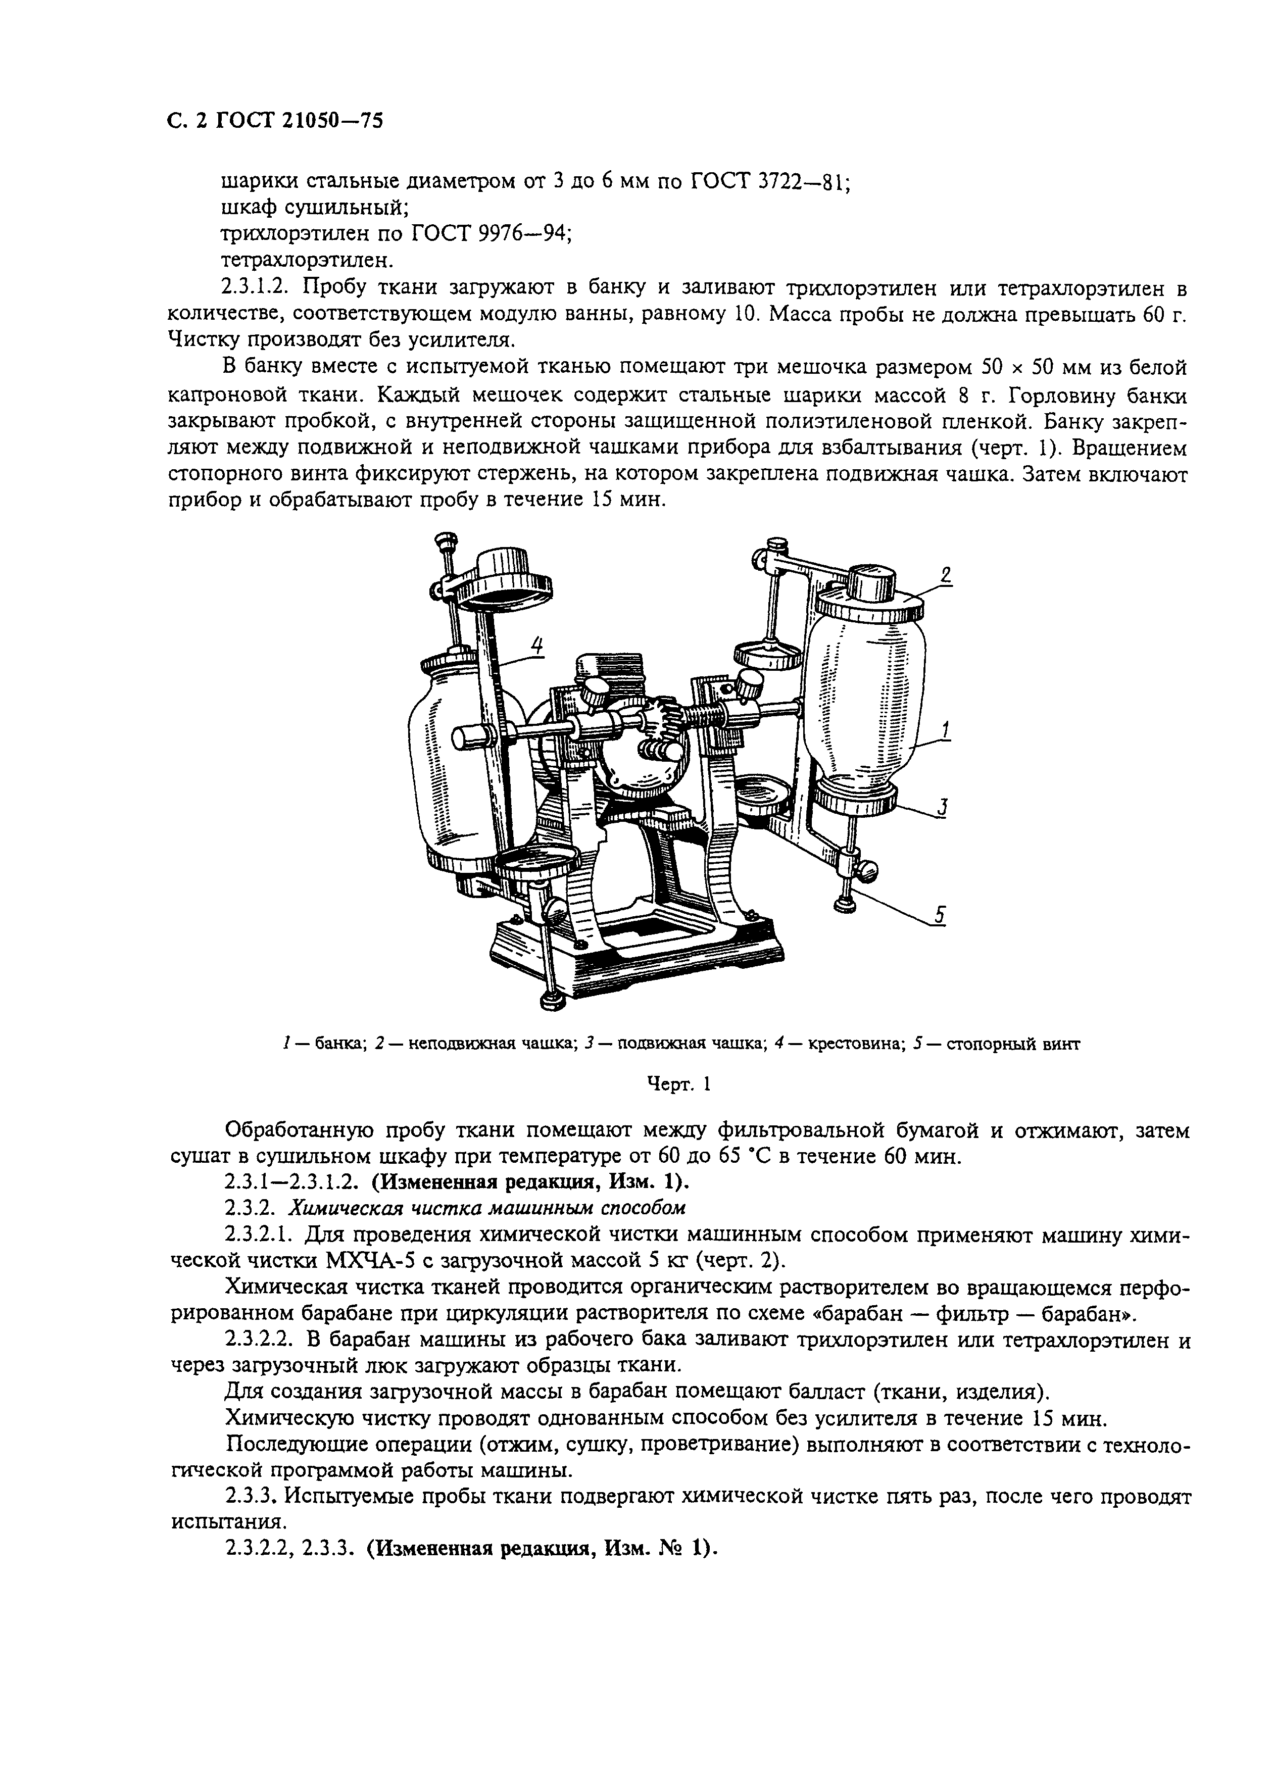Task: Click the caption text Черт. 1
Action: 678,1085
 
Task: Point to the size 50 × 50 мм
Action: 1039,367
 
